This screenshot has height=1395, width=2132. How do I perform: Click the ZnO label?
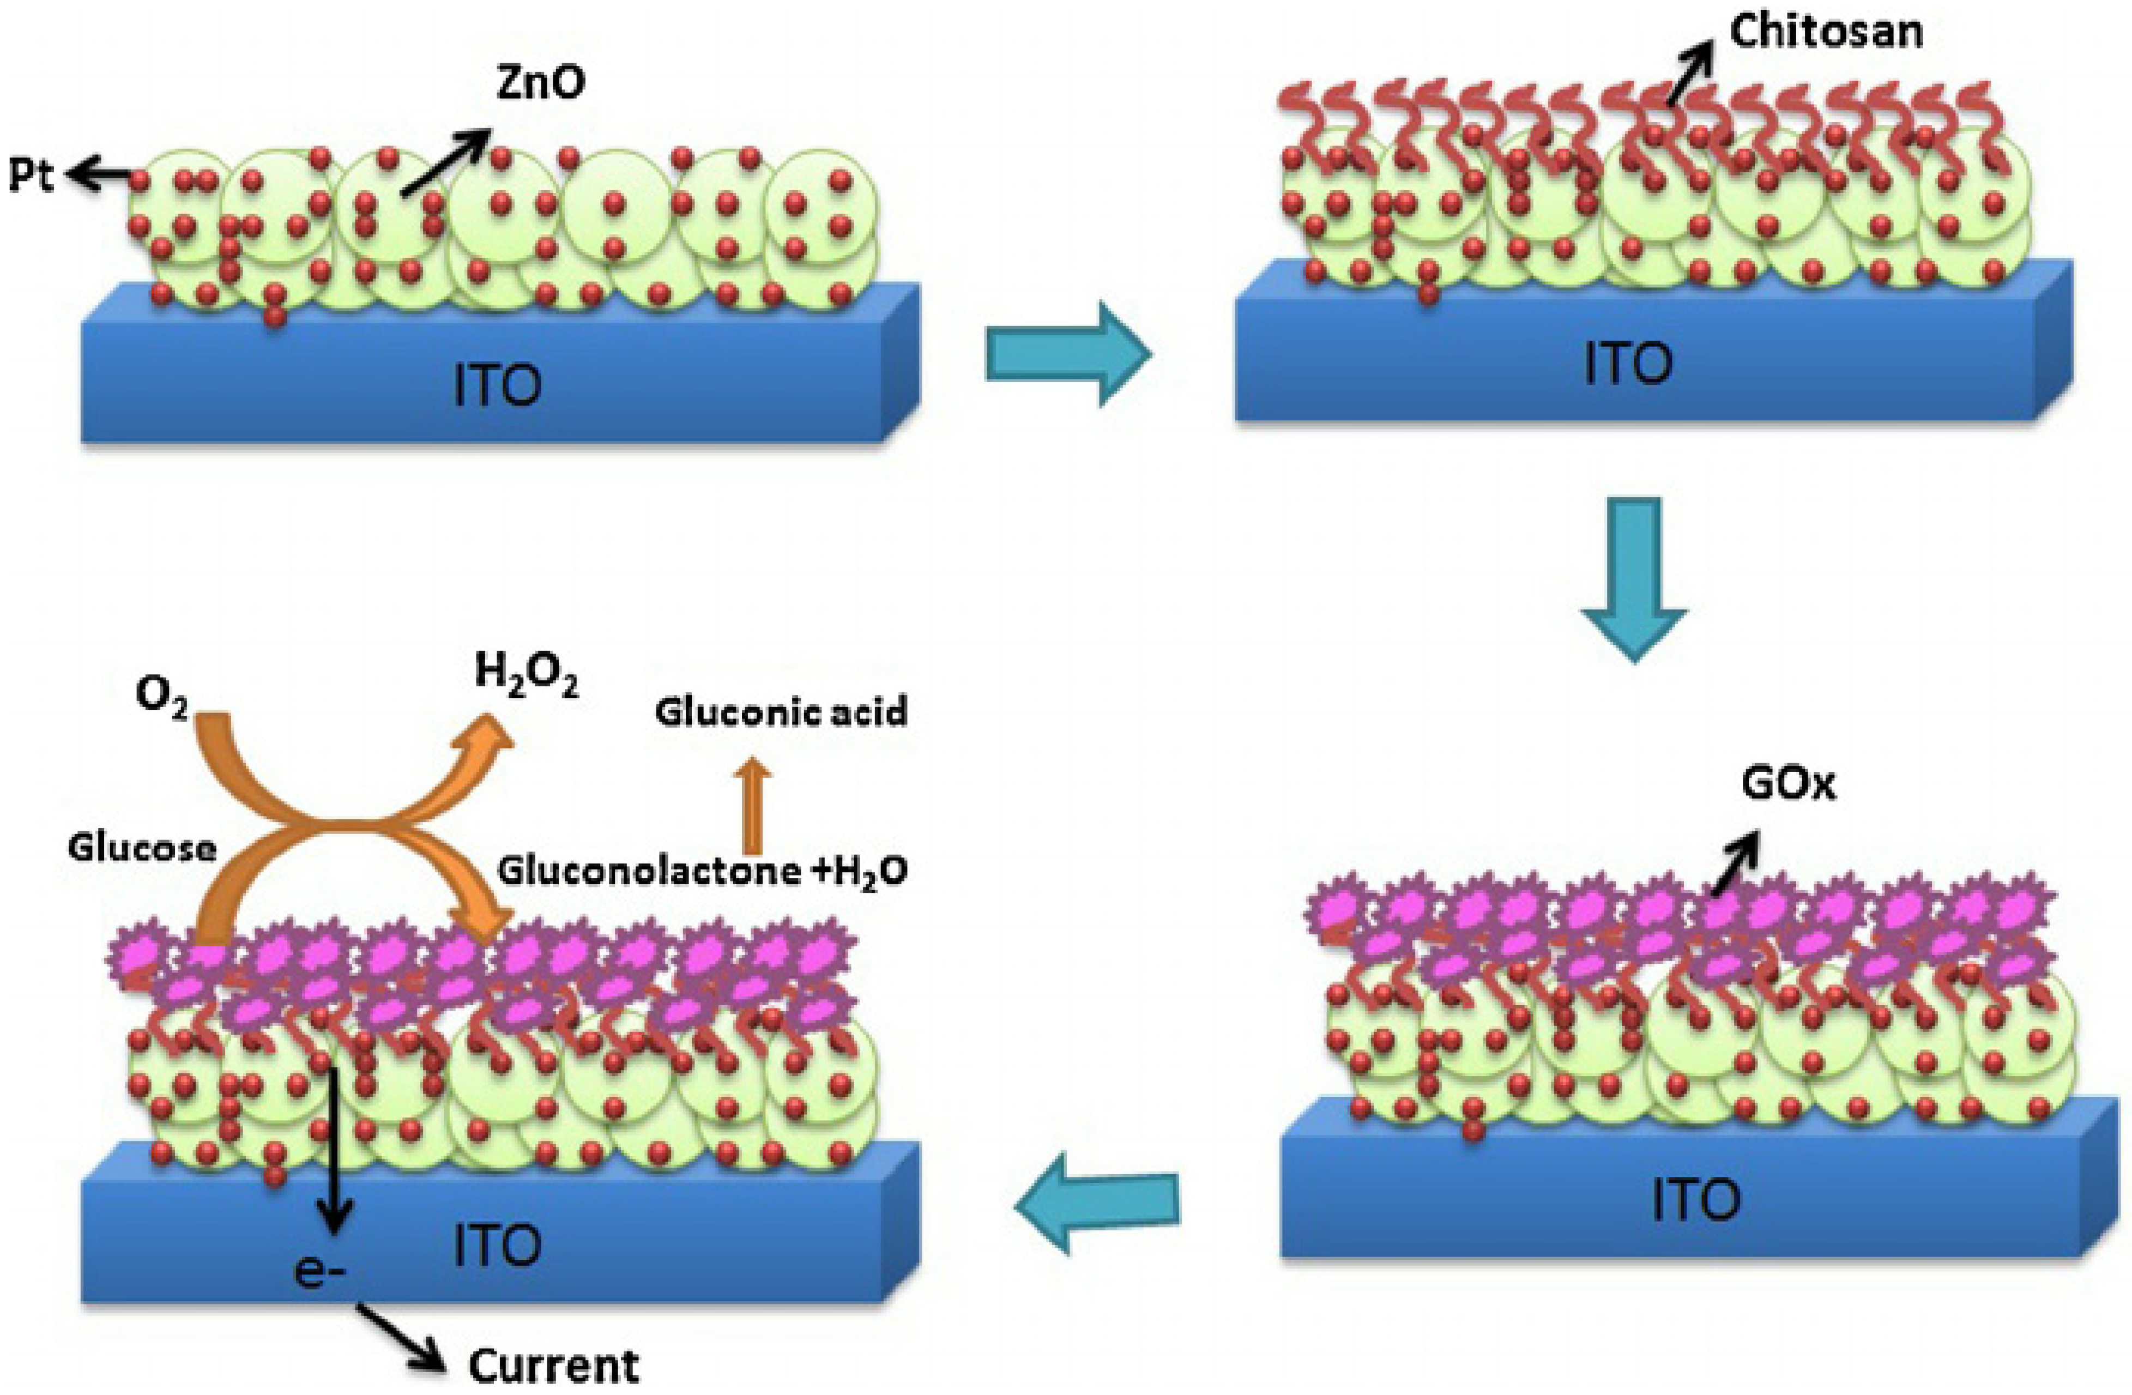click(540, 83)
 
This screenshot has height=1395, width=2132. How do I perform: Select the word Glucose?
click(142, 848)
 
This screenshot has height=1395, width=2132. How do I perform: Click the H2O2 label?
click(526, 674)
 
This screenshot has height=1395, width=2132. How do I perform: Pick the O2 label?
click(161, 697)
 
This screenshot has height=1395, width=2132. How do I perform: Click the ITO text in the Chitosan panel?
click(1628, 364)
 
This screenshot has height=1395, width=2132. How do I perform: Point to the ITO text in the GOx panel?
click(1696, 1200)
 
